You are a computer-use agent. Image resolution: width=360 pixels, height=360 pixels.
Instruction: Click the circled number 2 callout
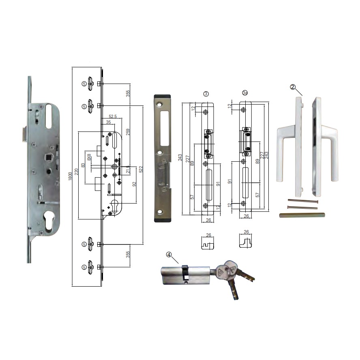pos(293,87)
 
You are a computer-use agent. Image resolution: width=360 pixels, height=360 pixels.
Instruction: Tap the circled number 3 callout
pos(206,94)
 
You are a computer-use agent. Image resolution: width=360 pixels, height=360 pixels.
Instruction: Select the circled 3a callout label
pos(245,93)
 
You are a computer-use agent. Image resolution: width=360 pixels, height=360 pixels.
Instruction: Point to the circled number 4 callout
pos(169,255)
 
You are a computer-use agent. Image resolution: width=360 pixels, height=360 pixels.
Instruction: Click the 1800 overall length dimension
pos(71,176)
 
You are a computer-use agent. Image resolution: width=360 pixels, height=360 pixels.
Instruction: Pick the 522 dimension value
pos(141,169)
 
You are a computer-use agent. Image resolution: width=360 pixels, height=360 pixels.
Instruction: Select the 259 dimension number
pos(128,132)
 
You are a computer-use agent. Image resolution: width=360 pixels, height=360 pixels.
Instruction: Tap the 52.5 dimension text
pos(113,116)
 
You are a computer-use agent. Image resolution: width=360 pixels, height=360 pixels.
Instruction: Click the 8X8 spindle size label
pos(89,157)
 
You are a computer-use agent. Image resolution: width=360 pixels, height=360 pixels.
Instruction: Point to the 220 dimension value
pos(77,171)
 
